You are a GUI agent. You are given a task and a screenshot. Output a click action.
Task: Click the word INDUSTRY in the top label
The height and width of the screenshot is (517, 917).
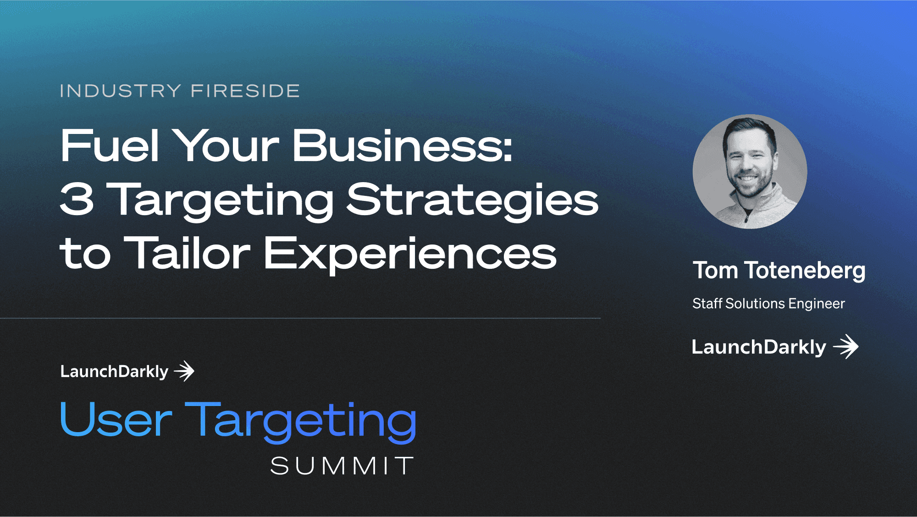(121, 91)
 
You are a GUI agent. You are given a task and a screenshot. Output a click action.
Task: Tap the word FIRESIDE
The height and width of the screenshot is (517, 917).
(245, 91)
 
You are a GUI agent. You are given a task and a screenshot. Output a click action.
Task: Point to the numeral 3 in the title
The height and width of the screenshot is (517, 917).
(77, 199)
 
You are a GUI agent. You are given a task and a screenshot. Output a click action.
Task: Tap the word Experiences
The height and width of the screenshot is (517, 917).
(410, 255)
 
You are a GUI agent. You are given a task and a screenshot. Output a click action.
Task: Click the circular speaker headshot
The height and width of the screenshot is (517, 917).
(750, 172)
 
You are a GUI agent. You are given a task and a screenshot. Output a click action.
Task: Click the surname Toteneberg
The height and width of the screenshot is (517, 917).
(805, 271)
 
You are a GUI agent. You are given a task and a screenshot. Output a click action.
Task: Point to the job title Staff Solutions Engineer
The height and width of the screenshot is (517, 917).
(768, 304)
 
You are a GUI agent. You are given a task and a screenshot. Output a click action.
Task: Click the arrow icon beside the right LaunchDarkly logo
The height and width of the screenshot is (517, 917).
(846, 346)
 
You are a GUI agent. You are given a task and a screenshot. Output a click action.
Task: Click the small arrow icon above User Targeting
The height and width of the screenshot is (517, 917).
(184, 371)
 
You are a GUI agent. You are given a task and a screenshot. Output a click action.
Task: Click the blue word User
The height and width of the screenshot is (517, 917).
(116, 419)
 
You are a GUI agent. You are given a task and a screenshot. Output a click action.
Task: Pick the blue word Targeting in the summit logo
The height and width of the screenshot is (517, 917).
(301, 422)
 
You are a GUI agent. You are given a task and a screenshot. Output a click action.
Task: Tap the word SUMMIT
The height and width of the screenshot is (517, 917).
(342, 466)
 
